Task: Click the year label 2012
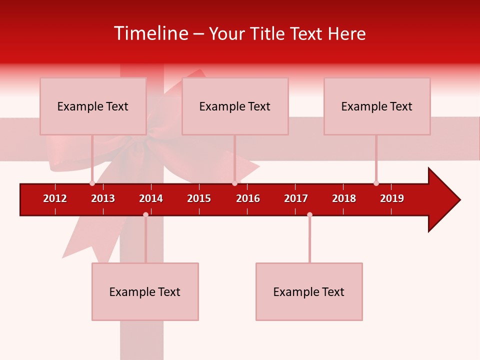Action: [55, 198]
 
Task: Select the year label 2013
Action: [103, 198]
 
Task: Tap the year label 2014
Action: [151, 198]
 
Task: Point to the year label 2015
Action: [199, 198]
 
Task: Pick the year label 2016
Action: [248, 198]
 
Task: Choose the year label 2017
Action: [296, 198]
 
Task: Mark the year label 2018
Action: [344, 198]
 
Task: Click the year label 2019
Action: [392, 198]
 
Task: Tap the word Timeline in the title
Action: [151, 33]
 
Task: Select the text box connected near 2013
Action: [93, 106]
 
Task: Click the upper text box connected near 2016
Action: [235, 106]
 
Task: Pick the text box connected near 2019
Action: [377, 106]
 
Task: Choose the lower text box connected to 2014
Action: [145, 291]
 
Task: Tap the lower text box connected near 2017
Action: [309, 291]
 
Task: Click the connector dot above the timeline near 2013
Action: [92, 183]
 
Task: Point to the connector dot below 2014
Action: [145, 214]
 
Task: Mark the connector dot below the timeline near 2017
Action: [309, 214]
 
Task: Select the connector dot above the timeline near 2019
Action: [376, 183]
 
